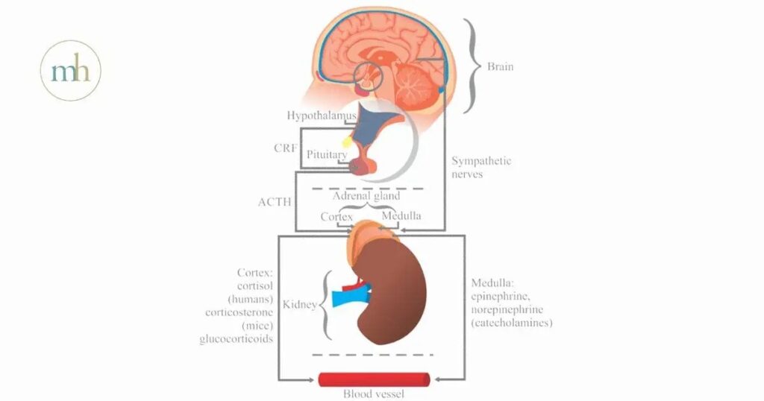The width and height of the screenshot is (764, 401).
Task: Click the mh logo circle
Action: click(x=70, y=70)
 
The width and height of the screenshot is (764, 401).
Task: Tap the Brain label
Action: click(x=500, y=67)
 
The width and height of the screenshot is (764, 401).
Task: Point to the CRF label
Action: click(x=286, y=148)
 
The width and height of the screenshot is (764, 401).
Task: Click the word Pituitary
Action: click(x=327, y=154)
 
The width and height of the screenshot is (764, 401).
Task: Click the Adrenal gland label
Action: click(x=366, y=197)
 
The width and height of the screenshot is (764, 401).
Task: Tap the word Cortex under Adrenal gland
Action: click(x=336, y=216)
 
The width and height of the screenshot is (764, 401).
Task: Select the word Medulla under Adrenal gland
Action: click(x=401, y=216)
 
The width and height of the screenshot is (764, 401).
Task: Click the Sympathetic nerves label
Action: click(x=481, y=168)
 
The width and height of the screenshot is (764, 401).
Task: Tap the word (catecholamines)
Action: click(x=511, y=323)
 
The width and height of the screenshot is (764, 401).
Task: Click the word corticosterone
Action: click(x=237, y=312)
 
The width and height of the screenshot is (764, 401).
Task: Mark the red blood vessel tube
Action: click(x=374, y=379)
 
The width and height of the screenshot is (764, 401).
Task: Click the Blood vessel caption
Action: click(x=373, y=394)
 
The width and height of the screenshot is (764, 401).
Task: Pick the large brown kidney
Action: click(x=392, y=294)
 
